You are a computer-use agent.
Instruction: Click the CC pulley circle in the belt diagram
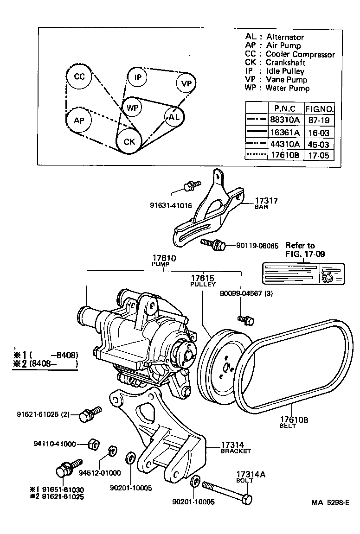click(x=80, y=77)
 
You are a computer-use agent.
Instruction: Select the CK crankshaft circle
click(x=129, y=141)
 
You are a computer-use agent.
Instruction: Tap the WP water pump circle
click(x=133, y=108)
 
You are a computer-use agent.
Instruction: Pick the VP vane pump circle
click(x=186, y=83)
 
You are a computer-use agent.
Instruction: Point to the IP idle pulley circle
click(x=138, y=77)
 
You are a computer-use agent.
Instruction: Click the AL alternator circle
click(x=174, y=117)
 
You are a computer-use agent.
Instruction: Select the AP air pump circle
click(x=79, y=121)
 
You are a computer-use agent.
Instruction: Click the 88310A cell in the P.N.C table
click(x=285, y=120)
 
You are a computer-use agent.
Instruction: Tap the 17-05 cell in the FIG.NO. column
click(x=319, y=155)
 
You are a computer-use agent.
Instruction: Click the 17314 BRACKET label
click(x=235, y=447)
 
